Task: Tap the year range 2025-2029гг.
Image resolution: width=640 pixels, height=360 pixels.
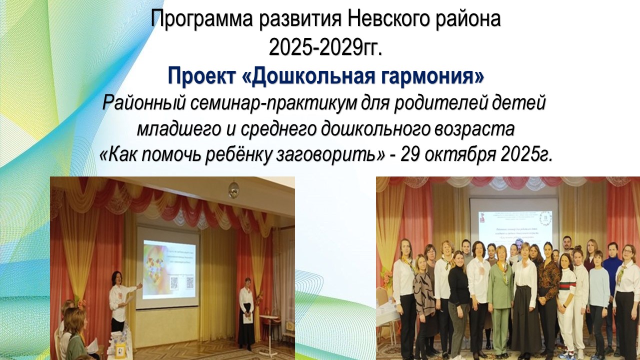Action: point(325,47)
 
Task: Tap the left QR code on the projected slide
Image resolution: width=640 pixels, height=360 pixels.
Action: point(173,283)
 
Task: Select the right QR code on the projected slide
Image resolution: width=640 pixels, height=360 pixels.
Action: point(189,283)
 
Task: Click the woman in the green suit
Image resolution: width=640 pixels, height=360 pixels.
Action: point(500,295)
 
